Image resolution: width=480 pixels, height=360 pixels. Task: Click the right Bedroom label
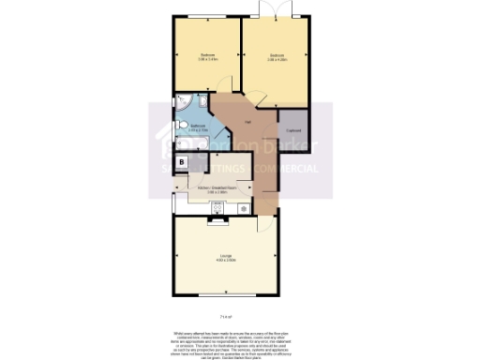click(276, 56)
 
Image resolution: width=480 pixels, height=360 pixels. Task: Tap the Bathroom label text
click(198, 126)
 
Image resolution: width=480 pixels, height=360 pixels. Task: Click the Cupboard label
click(293, 129)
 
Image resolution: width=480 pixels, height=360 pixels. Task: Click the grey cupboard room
click(293, 129)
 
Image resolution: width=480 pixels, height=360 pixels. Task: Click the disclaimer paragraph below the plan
click(225, 341)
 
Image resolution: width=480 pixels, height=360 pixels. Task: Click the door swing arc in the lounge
click(264, 226)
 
